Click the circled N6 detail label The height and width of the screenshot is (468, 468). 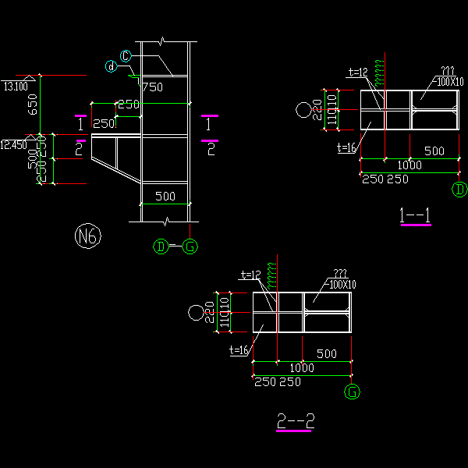tap(87, 236)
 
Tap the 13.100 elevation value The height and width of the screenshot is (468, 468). tap(16, 86)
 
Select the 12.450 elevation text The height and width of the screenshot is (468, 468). tap(13, 144)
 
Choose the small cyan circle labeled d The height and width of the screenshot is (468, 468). tap(112, 67)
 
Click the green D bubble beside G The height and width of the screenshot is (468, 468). tap(161, 247)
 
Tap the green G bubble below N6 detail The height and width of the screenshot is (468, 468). tap(190, 247)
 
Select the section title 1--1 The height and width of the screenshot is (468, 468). tap(415, 215)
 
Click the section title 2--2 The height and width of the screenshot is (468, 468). tap(296, 421)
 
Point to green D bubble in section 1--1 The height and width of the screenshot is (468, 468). tap(459, 190)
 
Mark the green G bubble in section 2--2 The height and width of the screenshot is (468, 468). tap(353, 392)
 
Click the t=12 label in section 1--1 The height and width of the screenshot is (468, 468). tap(357, 73)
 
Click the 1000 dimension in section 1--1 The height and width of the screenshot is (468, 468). tap(409, 165)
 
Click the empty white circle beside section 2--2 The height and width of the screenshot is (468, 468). tap(196, 313)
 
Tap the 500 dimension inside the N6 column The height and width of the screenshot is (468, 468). tap(165, 196)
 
